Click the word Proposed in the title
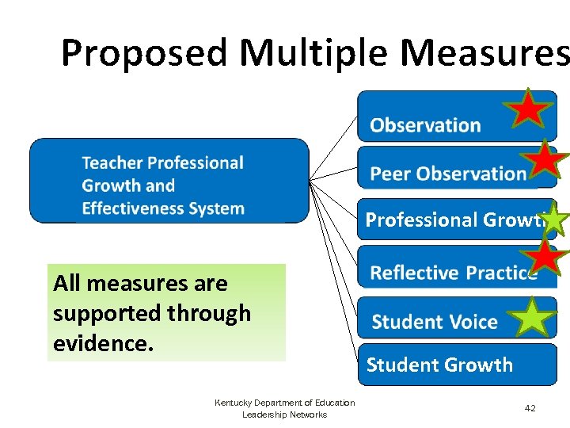pos(145,53)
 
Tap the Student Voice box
pos(435,321)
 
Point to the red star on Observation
pos(528,109)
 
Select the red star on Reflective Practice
pos(547,257)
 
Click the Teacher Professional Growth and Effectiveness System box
pos(169,181)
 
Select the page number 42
pos(530,408)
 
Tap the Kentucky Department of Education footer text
pos(285,403)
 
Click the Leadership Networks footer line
pos(285,415)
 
